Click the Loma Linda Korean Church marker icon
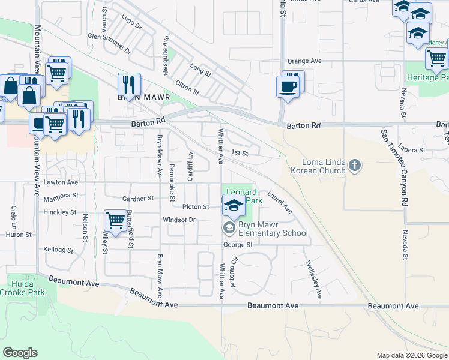tap(355, 164)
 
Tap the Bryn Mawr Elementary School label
tap(273, 229)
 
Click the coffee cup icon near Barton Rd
tap(287, 86)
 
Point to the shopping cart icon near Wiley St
tap(115, 220)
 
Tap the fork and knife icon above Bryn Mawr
tap(128, 83)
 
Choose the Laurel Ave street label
tap(280, 202)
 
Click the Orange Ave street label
tap(304, 61)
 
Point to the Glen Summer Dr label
tap(109, 43)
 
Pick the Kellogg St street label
tap(58, 249)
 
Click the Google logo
tap(19, 353)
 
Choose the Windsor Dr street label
tap(179, 220)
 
